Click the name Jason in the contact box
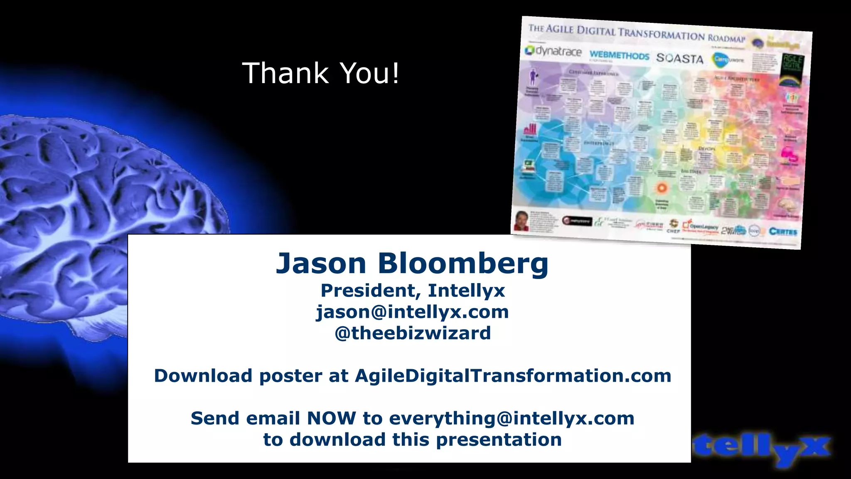point(321,264)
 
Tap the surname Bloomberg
point(463,264)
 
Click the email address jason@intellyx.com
point(412,312)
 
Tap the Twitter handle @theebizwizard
point(413,333)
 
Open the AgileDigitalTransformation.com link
point(513,376)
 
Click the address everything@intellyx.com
point(512,418)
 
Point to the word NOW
point(331,418)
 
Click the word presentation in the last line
point(499,440)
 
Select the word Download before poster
point(203,376)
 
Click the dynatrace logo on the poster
point(553,51)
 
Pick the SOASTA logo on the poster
point(680,58)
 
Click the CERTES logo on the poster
point(783,232)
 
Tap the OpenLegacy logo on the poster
point(701,227)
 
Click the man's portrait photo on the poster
point(522,220)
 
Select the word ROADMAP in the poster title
point(727,38)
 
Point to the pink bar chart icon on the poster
point(530,128)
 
